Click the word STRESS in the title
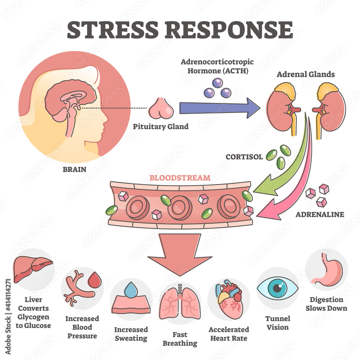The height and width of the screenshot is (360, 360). pos(113,30)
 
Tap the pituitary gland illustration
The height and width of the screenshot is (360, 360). pos(161,109)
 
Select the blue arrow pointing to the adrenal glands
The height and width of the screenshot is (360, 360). pos(220,108)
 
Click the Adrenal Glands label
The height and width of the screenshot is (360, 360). pos(306,74)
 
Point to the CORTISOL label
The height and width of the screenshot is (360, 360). pos(244,157)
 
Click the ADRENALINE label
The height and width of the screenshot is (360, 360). pos(320,215)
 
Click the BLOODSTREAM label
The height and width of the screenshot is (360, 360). pos(180,178)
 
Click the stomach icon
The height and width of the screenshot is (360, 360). pos(327,270)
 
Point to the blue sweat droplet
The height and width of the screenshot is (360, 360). pos(131,289)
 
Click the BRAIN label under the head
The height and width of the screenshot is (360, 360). pos(75,170)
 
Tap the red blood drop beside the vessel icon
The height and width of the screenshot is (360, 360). pos(95,280)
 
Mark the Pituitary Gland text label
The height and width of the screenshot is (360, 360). pos(161,126)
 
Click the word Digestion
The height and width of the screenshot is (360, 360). pos(327,300)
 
